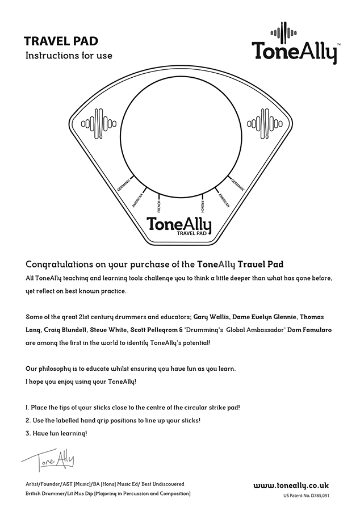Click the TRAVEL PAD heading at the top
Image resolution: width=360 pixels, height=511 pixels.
[61, 41]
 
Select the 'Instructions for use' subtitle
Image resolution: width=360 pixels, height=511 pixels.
[69, 56]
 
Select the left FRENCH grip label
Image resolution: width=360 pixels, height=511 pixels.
[159, 205]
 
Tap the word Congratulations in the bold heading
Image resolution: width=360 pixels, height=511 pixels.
[61, 265]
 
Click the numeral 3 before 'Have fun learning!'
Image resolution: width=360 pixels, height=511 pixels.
[28, 434]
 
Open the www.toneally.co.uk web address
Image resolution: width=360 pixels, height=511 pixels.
[291, 485]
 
